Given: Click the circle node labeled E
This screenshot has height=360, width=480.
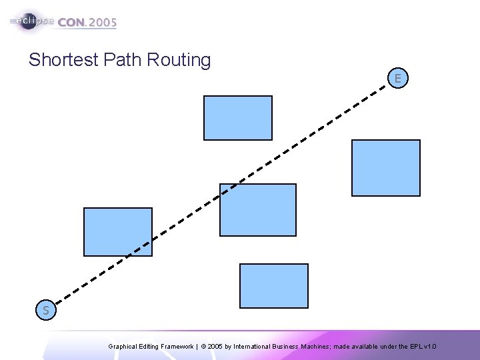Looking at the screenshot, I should [x=397, y=79].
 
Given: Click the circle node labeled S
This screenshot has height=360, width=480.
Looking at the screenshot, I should [x=45, y=310].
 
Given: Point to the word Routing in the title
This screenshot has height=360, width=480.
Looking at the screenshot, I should [x=177, y=60].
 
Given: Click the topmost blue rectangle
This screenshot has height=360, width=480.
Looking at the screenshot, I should [x=238, y=118].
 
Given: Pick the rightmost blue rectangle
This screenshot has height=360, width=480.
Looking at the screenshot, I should [x=386, y=168].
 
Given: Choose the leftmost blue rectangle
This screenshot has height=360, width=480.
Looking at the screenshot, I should [x=118, y=232].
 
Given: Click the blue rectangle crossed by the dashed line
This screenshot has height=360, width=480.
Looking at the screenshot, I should [x=258, y=210].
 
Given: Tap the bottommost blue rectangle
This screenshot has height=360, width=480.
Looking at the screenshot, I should [x=274, y=286].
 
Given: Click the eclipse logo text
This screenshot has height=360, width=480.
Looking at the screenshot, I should [x=33, y=21].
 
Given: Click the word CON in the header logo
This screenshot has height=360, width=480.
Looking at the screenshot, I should [x=72, y=22].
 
